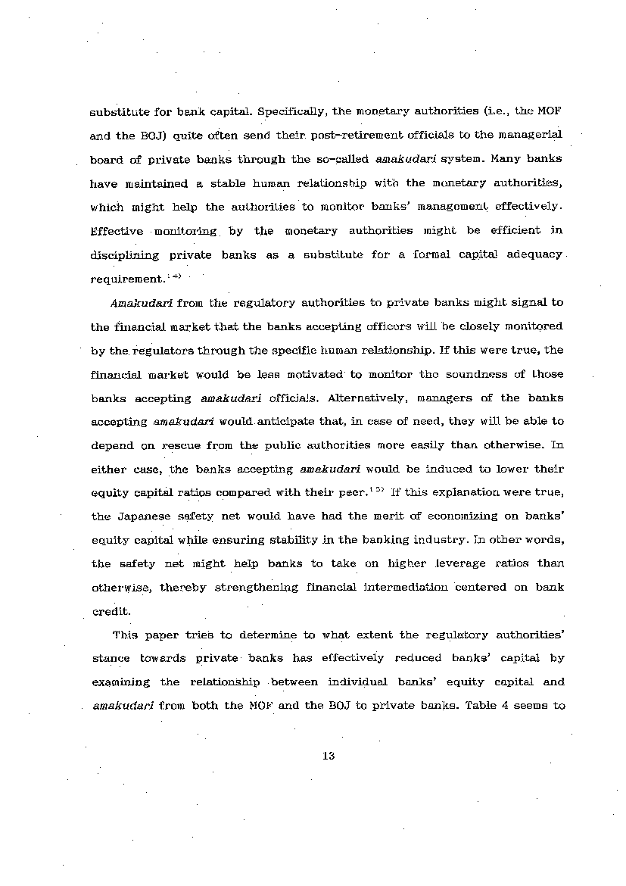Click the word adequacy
(x=534, y=254)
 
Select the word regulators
(x=164, y=351)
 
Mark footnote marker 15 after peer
(x=378, y=489)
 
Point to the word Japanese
(x=145, y=516)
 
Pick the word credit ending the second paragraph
(x=107, y=611)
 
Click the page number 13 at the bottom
(x=328, y=756)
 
